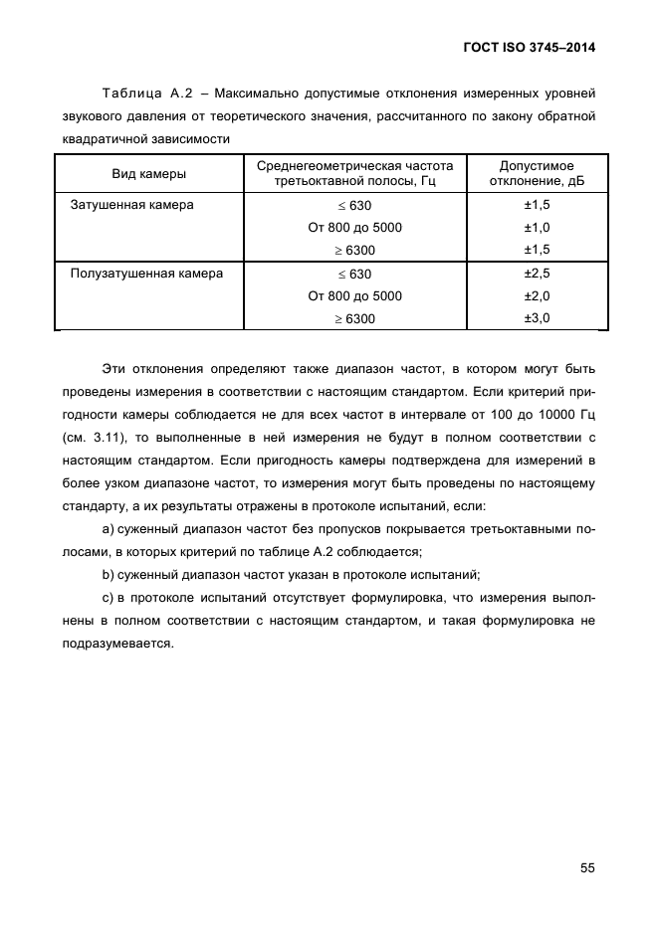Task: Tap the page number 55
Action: coord(587,867)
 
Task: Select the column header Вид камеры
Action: coord(148,173)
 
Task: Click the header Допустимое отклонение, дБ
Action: coord(538,173)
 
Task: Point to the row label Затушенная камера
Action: coord(131,205)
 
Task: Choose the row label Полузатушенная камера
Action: coord(145,273)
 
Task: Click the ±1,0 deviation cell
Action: coord(538,228)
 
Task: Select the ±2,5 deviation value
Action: coord(538,273)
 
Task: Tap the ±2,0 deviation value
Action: coord(538,295)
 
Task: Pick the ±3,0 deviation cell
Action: coord(538,318)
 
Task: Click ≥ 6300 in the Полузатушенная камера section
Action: coord(354,319)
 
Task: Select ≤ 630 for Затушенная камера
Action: coord(354,206)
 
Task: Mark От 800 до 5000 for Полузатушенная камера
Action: coord(355,296)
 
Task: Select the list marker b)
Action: coord(109,574)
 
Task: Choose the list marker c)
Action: coord(109,597)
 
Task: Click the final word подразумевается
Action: coord(116,643)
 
